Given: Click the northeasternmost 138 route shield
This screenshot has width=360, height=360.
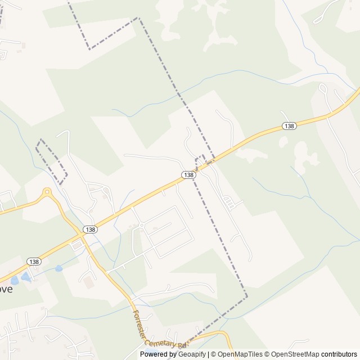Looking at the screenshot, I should (289, 126).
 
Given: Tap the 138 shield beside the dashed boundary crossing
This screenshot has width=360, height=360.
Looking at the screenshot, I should (189, 175).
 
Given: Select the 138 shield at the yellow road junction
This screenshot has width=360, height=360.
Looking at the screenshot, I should (89, 229).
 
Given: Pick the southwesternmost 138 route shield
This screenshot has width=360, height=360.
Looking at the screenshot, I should (34, 262).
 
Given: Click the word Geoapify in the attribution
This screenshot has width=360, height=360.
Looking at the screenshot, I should (192, 354).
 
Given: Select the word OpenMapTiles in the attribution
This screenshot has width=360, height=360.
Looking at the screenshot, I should (240, 354).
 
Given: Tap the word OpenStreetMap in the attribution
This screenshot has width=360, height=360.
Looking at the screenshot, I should (293, 354).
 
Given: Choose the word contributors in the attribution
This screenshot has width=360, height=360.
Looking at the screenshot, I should (339, 354).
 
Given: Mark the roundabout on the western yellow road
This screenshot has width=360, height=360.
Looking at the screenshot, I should (47, 192).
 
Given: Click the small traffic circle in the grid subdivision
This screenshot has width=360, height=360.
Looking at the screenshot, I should (141, 226).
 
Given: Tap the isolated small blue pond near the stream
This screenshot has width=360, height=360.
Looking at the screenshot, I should (58, 269).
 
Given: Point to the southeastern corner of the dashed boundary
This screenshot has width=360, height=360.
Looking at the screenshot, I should (246, 295).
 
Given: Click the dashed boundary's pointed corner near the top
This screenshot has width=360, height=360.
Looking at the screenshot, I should (138, 18).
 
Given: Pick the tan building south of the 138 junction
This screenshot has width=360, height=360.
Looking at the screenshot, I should (89, 282).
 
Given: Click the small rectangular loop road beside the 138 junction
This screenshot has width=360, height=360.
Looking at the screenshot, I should (76, 246).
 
